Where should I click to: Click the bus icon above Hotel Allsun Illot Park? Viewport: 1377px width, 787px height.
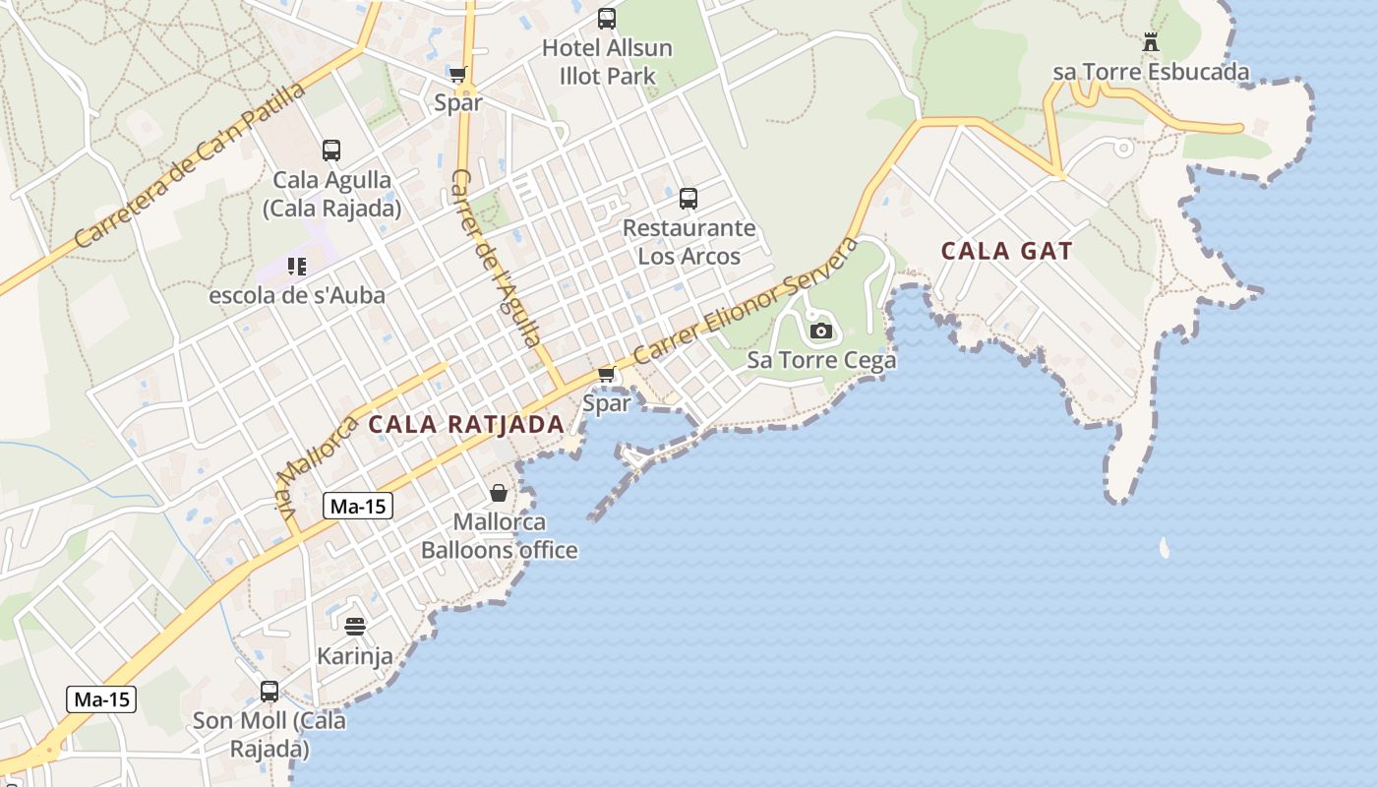[x=607, y=18]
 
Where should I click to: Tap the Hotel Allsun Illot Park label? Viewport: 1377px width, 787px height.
[x=607, y=61]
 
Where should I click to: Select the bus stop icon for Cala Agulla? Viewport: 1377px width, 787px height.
[x=331, y=151]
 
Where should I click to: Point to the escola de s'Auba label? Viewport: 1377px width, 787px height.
[x=297, y=294]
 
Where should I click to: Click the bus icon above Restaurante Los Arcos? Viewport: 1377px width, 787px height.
[x=688, y=199]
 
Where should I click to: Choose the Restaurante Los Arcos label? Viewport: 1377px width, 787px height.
[x=689, y=242]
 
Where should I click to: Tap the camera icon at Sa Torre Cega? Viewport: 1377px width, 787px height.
[x=821, y=331]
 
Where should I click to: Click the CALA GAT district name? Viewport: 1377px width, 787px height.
[x=1006, y=251]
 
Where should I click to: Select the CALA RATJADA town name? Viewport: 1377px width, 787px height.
[x=466, y=425]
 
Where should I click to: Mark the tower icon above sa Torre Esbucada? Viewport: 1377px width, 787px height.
[x=1151, y=42]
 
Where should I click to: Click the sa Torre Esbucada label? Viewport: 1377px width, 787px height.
[x=1151, y=72]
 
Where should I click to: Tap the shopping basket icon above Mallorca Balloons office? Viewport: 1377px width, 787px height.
[x=499, y=493]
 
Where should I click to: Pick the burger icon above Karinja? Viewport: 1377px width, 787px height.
[x=355, y=626]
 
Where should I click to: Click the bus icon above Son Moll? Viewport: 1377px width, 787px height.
[x=269, y=691]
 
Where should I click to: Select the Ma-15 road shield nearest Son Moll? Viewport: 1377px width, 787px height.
[x=101, y=700]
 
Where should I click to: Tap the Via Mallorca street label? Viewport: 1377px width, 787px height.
[x=315, y=465]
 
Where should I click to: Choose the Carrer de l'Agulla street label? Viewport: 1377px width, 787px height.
[x=496, y=258]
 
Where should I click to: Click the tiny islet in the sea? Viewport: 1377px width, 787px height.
[x=1165, y=548]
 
